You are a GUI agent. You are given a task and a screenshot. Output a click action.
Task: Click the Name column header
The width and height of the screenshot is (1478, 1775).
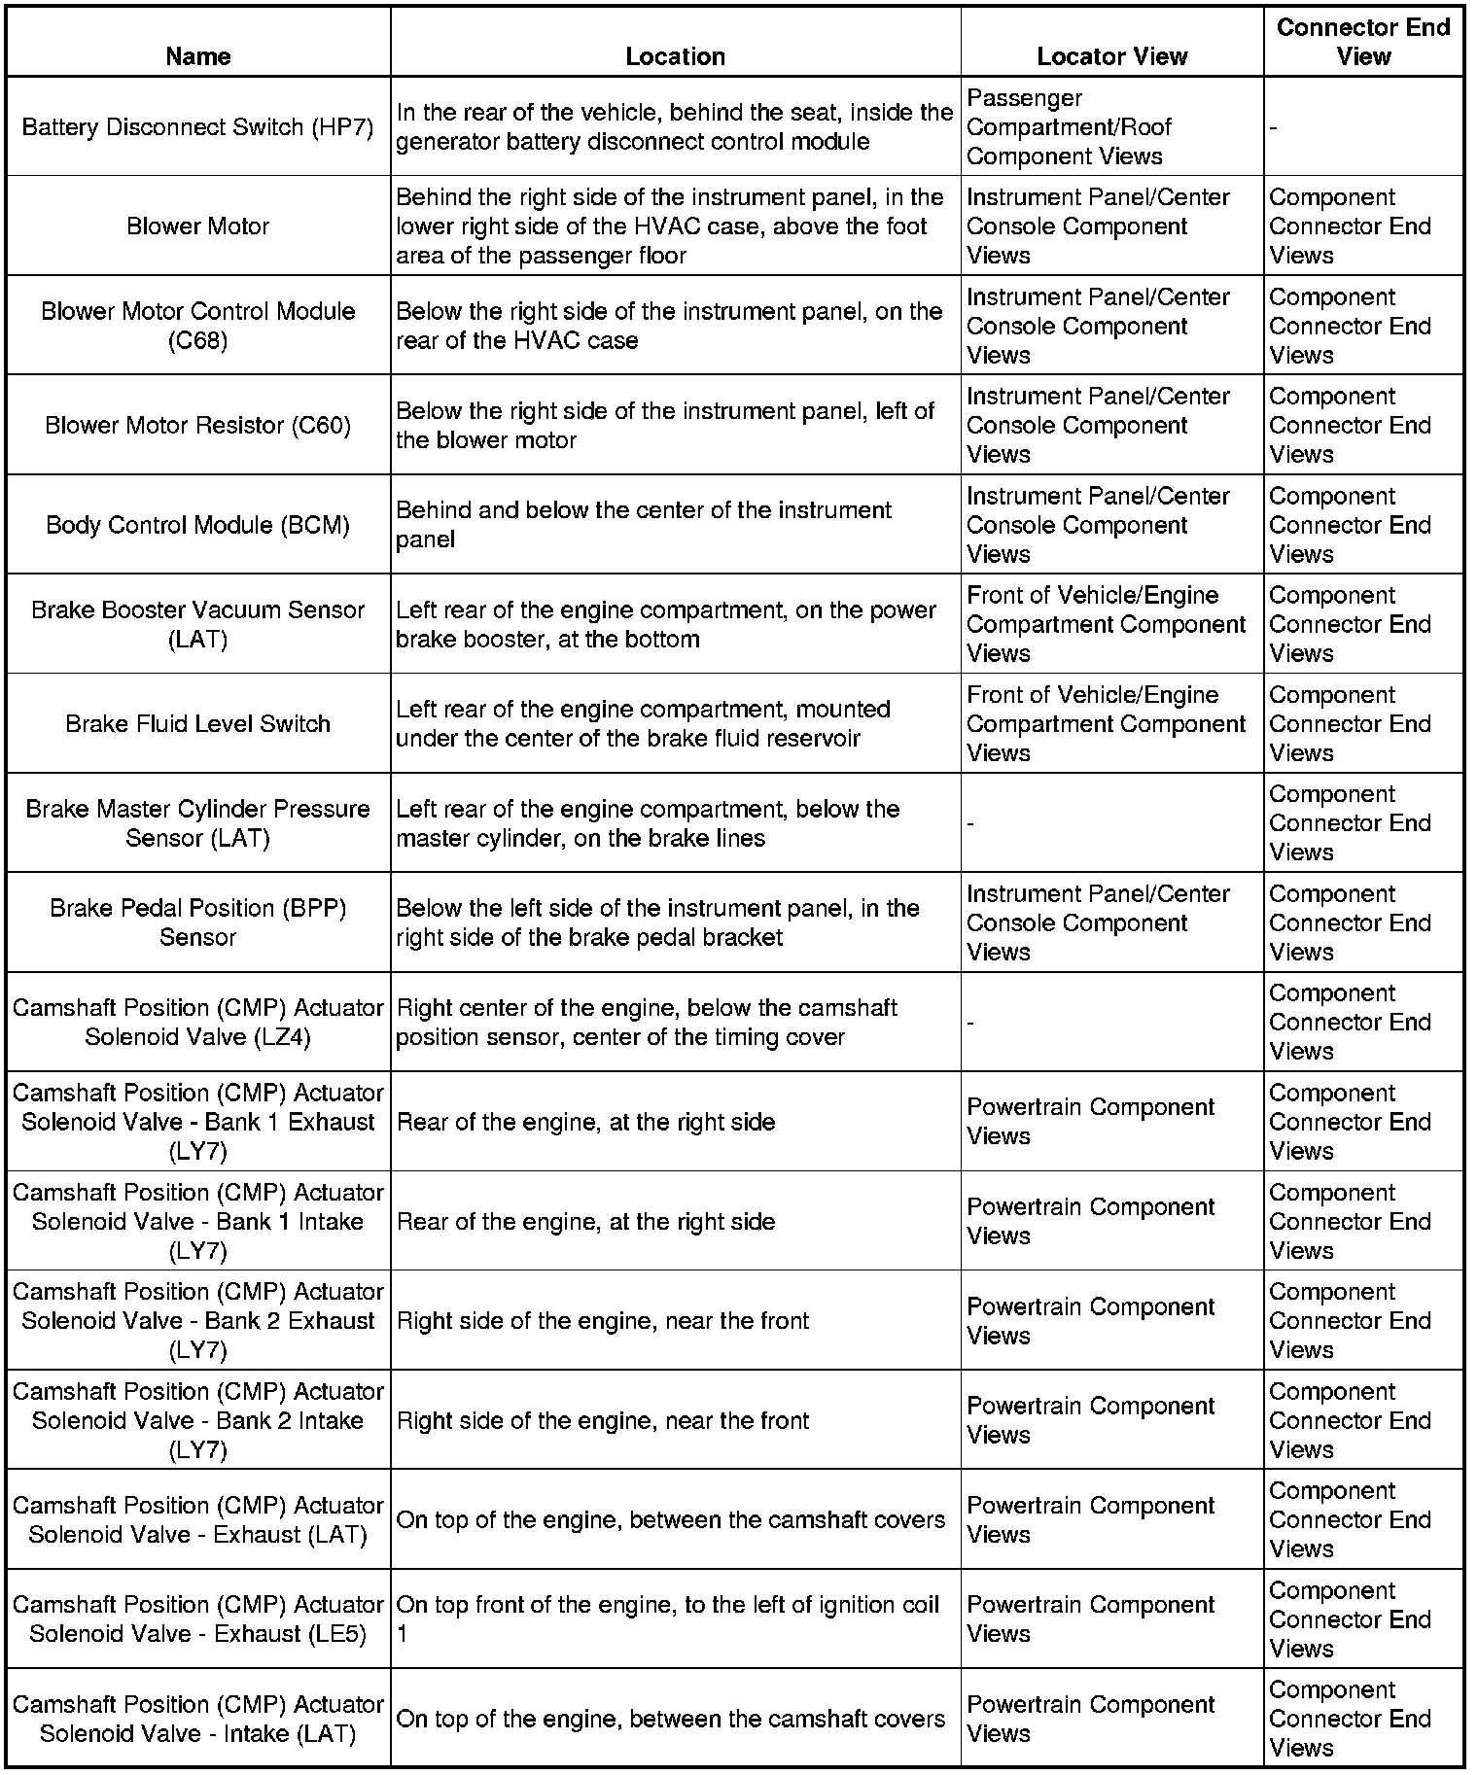coord(197,56)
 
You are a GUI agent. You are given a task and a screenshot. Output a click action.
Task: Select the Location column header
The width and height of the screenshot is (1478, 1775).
coord(675,56)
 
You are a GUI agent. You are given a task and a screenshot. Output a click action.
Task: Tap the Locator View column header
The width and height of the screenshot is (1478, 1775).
coord(1111,56)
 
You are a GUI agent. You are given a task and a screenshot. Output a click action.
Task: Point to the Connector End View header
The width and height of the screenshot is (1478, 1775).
coord(1362,42)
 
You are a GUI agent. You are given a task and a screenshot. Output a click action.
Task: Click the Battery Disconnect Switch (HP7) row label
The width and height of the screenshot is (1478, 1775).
coord(197,127)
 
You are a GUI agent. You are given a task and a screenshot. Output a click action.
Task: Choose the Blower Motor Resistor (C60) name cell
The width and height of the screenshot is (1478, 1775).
coord(197,426)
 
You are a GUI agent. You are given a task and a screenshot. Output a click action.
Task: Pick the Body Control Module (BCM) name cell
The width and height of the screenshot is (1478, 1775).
coord(197,525)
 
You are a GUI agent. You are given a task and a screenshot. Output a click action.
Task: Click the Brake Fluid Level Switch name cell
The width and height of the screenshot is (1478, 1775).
coord(197,724)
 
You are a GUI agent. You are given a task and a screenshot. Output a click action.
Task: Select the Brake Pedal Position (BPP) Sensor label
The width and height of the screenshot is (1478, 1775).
coord(197,922)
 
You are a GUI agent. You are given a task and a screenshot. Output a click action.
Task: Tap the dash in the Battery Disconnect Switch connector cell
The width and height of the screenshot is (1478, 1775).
coord(1274,128)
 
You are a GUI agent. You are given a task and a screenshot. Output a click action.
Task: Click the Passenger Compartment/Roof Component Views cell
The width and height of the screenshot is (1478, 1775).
coord(1069,127)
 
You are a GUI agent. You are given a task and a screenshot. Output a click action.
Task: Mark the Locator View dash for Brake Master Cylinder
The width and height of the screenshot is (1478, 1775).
coord(970,824)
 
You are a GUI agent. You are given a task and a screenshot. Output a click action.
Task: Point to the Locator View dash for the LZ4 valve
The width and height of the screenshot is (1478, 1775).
coord(970,1023)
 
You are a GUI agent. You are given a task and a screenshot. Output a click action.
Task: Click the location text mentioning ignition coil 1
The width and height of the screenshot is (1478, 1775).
coord(668,1619)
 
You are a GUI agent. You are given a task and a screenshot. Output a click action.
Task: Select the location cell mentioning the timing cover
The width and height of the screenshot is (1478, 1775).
coord(647,1023)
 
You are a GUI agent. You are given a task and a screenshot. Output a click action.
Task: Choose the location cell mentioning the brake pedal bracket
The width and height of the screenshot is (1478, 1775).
coord(657,922)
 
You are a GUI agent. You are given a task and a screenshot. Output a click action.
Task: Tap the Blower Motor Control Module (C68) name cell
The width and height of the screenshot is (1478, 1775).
coord(197,326)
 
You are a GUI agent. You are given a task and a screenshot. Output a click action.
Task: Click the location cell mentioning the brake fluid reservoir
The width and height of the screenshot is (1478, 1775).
coord(643,724)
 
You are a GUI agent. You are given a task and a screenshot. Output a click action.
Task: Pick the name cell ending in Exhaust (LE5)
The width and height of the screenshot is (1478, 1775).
coord(197,1619)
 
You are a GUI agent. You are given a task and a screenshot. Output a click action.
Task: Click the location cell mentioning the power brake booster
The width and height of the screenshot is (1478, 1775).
coord(665,624)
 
